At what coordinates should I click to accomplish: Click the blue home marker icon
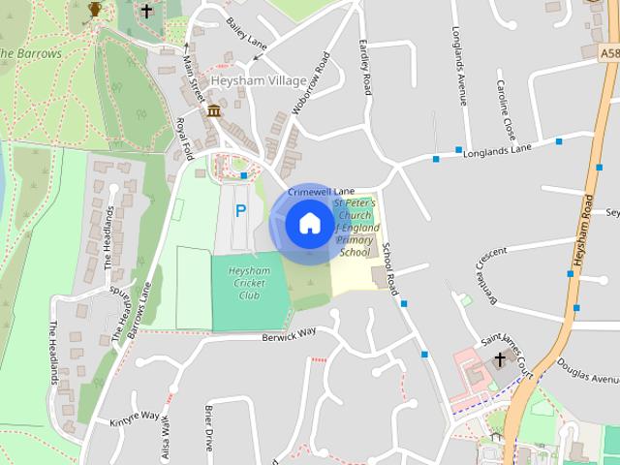(x=308, y=224)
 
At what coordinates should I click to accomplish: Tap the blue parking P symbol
(x=240, y=210)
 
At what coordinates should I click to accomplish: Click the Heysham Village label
(x=263, y=80)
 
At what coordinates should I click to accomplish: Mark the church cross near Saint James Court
(x=500, y=360)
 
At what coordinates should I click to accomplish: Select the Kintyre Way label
(x=135, y=417)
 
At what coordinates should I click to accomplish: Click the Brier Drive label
(x=208, y=428)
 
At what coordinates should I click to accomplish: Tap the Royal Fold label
(x=182, y=138)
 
